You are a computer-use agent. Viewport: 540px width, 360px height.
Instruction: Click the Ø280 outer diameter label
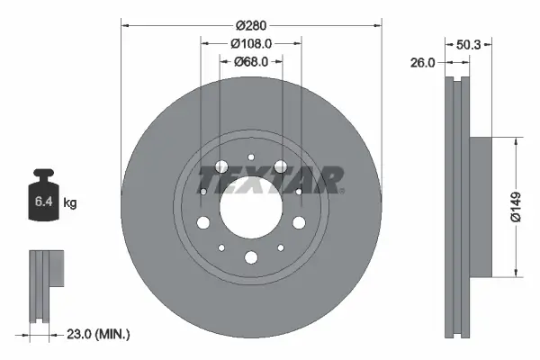click(x=251, y=26)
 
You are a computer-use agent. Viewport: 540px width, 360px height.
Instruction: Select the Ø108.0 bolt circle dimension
click(x=251, y=44)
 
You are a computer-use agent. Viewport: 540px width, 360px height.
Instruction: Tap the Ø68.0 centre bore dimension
click(x=251, y=62)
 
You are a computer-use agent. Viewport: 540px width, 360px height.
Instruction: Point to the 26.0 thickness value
click(x=423, y=63)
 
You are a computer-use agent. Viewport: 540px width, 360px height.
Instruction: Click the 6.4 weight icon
click(x=44, y=202)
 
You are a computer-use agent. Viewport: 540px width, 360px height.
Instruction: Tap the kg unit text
click(x=70, y=203)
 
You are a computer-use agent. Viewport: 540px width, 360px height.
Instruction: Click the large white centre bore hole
click(x=251, y=214)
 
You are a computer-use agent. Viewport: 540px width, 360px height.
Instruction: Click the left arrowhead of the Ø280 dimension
click(x=124, y=26)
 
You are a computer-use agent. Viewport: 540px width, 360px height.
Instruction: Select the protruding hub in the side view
click(x=481, y=206)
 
